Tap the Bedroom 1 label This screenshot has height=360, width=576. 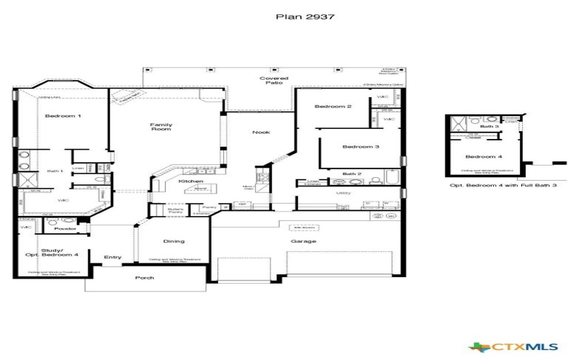pyautogui.click(x=63, y=116)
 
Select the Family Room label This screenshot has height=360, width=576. pyautogui.click(x=161, y=127)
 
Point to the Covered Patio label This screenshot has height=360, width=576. pyautogui.click(x=274, y=81)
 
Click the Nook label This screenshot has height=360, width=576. pyautogui.click(x=260, y=132)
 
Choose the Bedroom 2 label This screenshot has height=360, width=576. pyautogui.click(x=333, y=107)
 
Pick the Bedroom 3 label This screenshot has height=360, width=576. pyautogui.click(x=360, y=147)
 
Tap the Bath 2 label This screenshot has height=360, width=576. pyautogui.click(x=351, y=174)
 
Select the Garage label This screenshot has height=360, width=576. pyautogui.click(x=303, y=241)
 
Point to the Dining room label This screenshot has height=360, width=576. pyautogui.click(x=174, y=241)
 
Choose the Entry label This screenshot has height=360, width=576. pyautogui.click(x=112, y=257)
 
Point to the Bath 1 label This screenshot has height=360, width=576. pyautogui.click(x=55, y=171)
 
